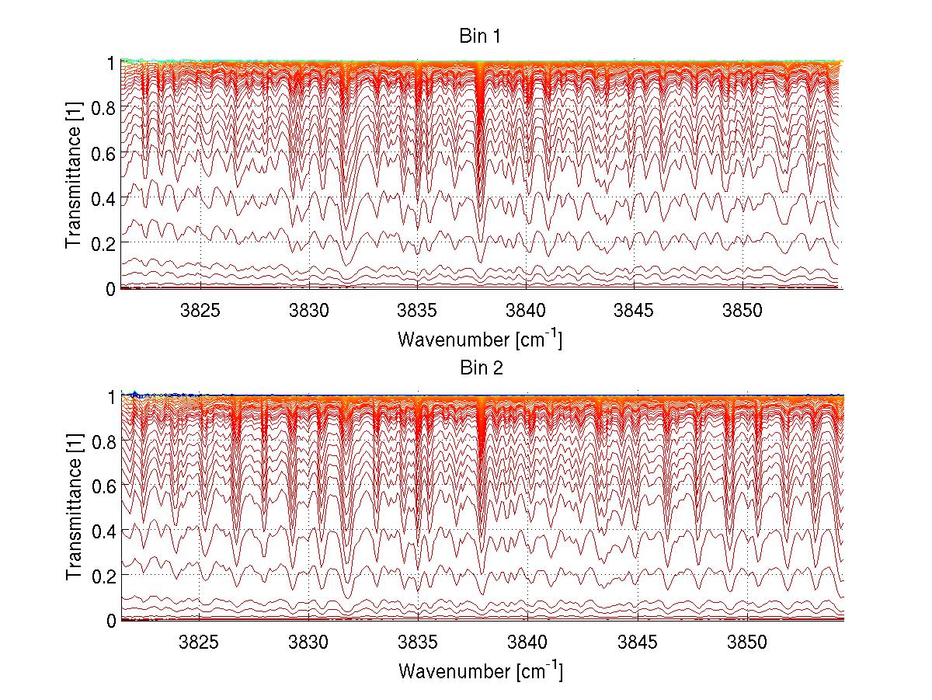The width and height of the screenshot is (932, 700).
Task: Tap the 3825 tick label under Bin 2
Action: [x=200, y=643]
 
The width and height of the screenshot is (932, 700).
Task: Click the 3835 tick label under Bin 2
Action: [x=419, y=643]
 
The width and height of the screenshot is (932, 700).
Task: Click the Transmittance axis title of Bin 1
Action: [x=74, y=174]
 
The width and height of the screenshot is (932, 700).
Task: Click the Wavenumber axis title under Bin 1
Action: [x=480, y=340]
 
